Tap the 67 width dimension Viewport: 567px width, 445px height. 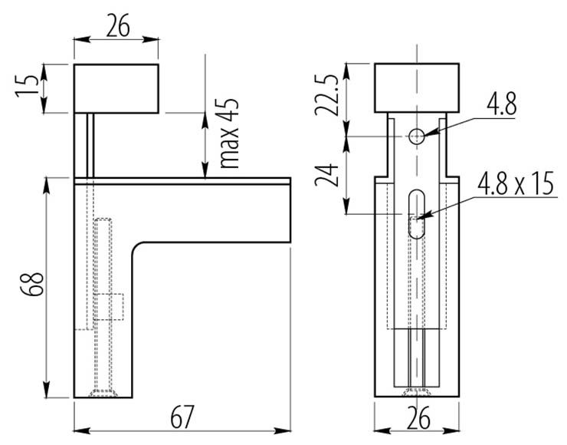181,420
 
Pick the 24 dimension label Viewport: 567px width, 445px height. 327,176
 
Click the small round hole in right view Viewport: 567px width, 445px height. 416,137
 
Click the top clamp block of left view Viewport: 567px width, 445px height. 116,88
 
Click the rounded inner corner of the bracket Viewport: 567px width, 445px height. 139,250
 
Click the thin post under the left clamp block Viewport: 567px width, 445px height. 90,144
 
